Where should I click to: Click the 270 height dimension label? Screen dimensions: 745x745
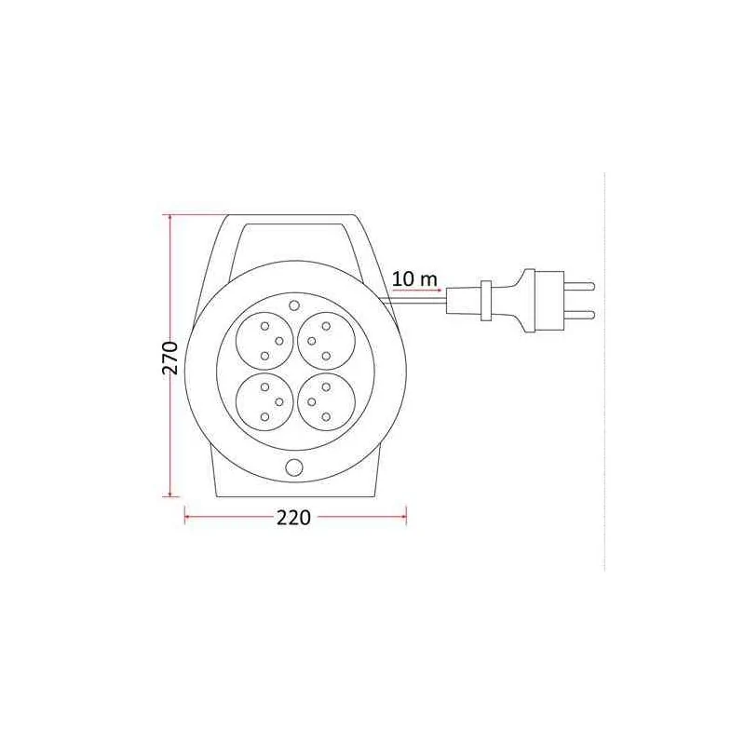click(170, 358)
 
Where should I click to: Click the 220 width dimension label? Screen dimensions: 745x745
click(293, 518)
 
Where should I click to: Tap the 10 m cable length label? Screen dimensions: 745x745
click(414, 278)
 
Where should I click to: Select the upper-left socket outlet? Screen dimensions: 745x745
click(265, 340)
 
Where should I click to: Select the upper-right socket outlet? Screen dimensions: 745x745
click(327, 340)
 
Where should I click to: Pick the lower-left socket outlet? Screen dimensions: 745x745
click(265, 401)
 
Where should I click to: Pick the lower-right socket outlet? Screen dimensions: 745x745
click(327, 401)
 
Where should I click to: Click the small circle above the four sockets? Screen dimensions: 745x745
click(294, 305)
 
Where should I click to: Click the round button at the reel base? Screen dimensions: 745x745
click(294, 467)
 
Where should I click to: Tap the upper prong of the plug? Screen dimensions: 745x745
click(579, 286)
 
